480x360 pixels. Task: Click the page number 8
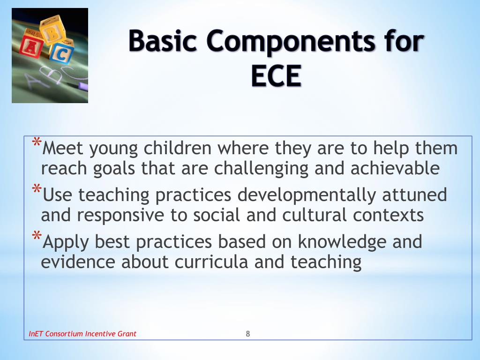pos(248,334)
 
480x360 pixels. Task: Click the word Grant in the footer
pos(127,334)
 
